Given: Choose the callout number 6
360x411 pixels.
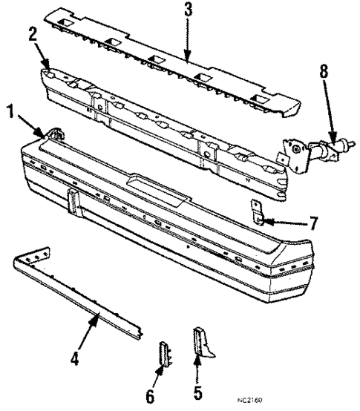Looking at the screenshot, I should (151, 395).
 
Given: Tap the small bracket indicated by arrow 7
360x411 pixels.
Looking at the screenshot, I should (257, 211).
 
